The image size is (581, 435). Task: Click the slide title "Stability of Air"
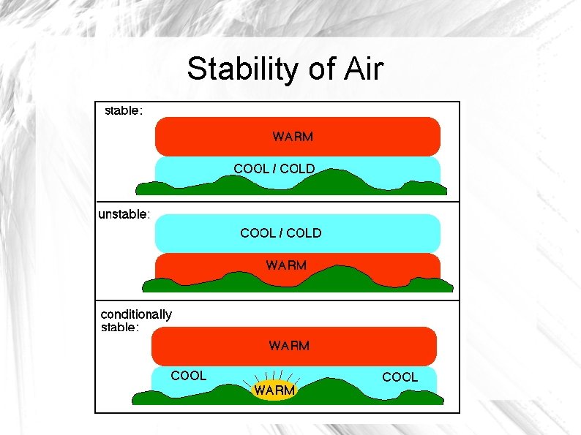coord(285,69)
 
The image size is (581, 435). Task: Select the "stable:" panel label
coord(124,111)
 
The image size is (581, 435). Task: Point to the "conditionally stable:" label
coord(136,320)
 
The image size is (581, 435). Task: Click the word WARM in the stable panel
coord(293,136)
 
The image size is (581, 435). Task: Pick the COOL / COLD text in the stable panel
coord(274,168)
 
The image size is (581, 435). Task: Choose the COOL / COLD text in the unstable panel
coord(281,233)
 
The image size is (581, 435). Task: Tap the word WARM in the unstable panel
coord(286,265)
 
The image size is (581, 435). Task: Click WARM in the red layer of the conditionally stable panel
coord(289,345)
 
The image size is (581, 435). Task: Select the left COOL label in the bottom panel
coord(188,376)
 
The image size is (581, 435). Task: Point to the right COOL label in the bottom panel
coord(400,377)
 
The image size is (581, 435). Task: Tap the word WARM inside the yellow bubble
coord(274,390)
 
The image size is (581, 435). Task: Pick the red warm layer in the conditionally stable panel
coord(205,345)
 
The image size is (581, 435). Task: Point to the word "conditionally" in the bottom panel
coord(136,314)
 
